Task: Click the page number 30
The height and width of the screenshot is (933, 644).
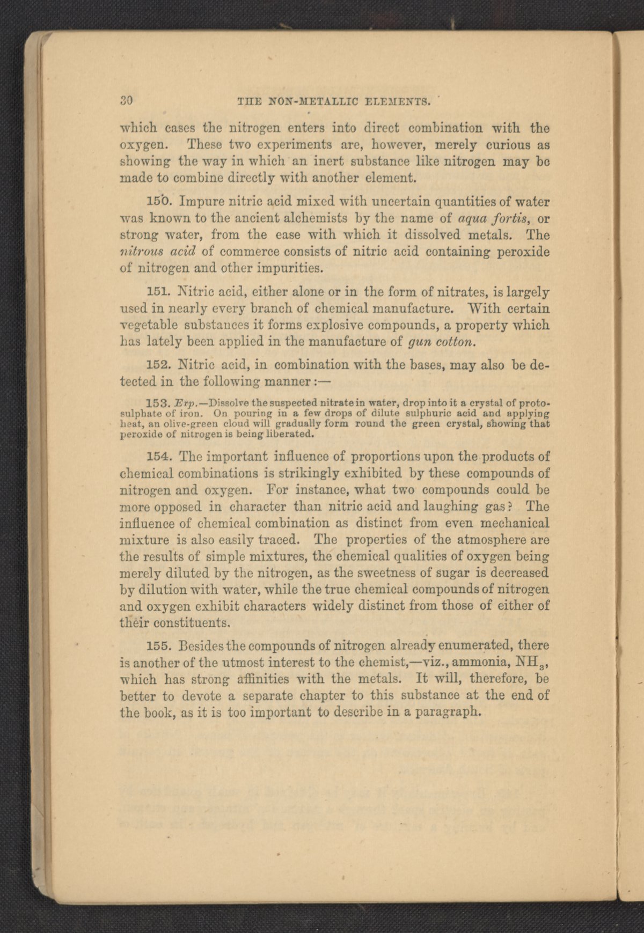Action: pyautogui.click(x=127, y=100)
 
